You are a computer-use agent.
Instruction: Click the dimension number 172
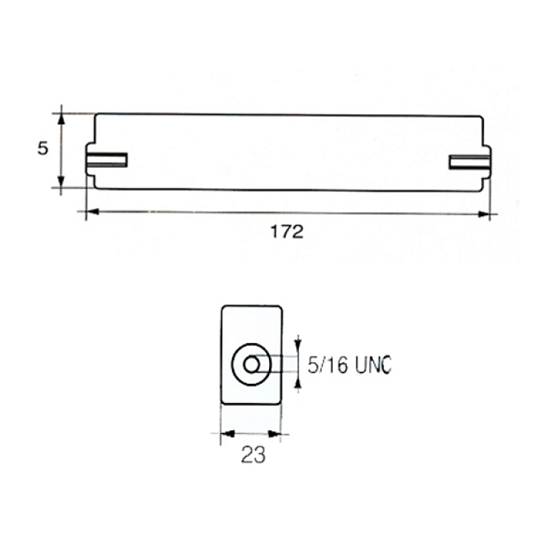coord(287,232)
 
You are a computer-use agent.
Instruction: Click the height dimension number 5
coord(43,148)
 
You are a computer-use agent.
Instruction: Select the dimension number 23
coord(253,455)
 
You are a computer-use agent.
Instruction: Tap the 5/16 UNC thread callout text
coord(349,364)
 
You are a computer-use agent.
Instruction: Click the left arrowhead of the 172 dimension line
coord(92,212)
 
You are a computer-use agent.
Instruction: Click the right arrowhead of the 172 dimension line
coord(483,214)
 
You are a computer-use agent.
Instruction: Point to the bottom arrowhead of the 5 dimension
coord(61,181)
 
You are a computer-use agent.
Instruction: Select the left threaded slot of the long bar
coord(107,160)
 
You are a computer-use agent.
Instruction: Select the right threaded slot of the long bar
coord(469,162)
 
